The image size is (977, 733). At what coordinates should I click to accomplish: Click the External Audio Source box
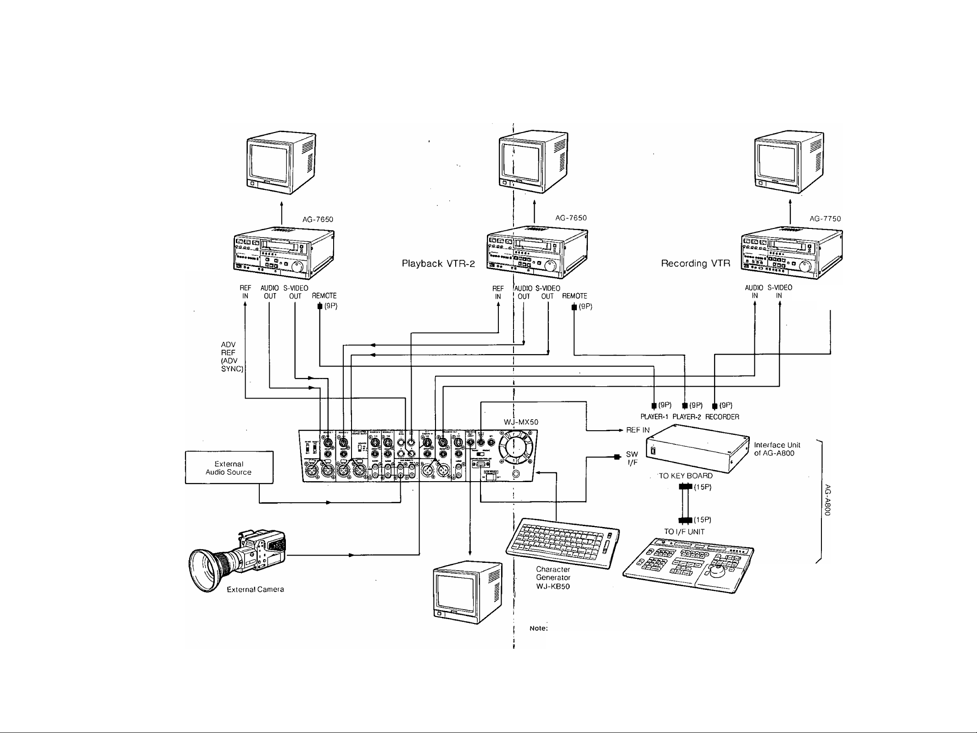coord(229,467)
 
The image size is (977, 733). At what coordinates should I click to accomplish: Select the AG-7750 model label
coord(825,219)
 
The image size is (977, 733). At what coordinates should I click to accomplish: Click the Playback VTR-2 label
coord(438,264)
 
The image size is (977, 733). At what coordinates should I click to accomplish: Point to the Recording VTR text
coord(695,264)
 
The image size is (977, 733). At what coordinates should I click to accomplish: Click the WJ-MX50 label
coord(521,422)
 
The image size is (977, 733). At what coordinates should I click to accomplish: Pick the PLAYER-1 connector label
coord(655,417)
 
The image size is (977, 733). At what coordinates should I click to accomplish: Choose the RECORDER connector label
coord(722,417)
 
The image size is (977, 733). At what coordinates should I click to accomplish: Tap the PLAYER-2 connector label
coord(687,417)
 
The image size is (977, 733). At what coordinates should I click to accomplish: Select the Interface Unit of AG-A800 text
coord(777,449)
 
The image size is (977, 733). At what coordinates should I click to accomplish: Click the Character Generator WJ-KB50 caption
coord(553,578)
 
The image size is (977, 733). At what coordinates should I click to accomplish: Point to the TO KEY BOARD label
coord(686,476)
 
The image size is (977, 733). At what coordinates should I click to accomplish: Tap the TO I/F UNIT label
coord(684,532)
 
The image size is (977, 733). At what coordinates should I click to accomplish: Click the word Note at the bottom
coord(539,628)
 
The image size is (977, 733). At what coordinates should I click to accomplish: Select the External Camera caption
coord(256,589)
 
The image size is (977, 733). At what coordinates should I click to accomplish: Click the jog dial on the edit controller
coord(717,572)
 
